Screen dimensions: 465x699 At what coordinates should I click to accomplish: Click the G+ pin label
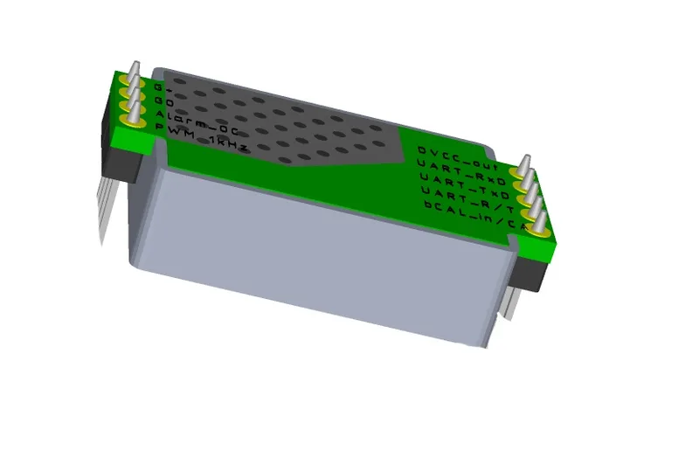click(x=158, y=88)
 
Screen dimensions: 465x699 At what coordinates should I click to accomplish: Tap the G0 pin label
click(x=160, y=101)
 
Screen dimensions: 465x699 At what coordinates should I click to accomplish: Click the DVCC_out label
click(x=450, y=154)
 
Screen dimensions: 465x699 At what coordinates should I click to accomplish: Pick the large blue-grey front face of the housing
click(x=323, y=262)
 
